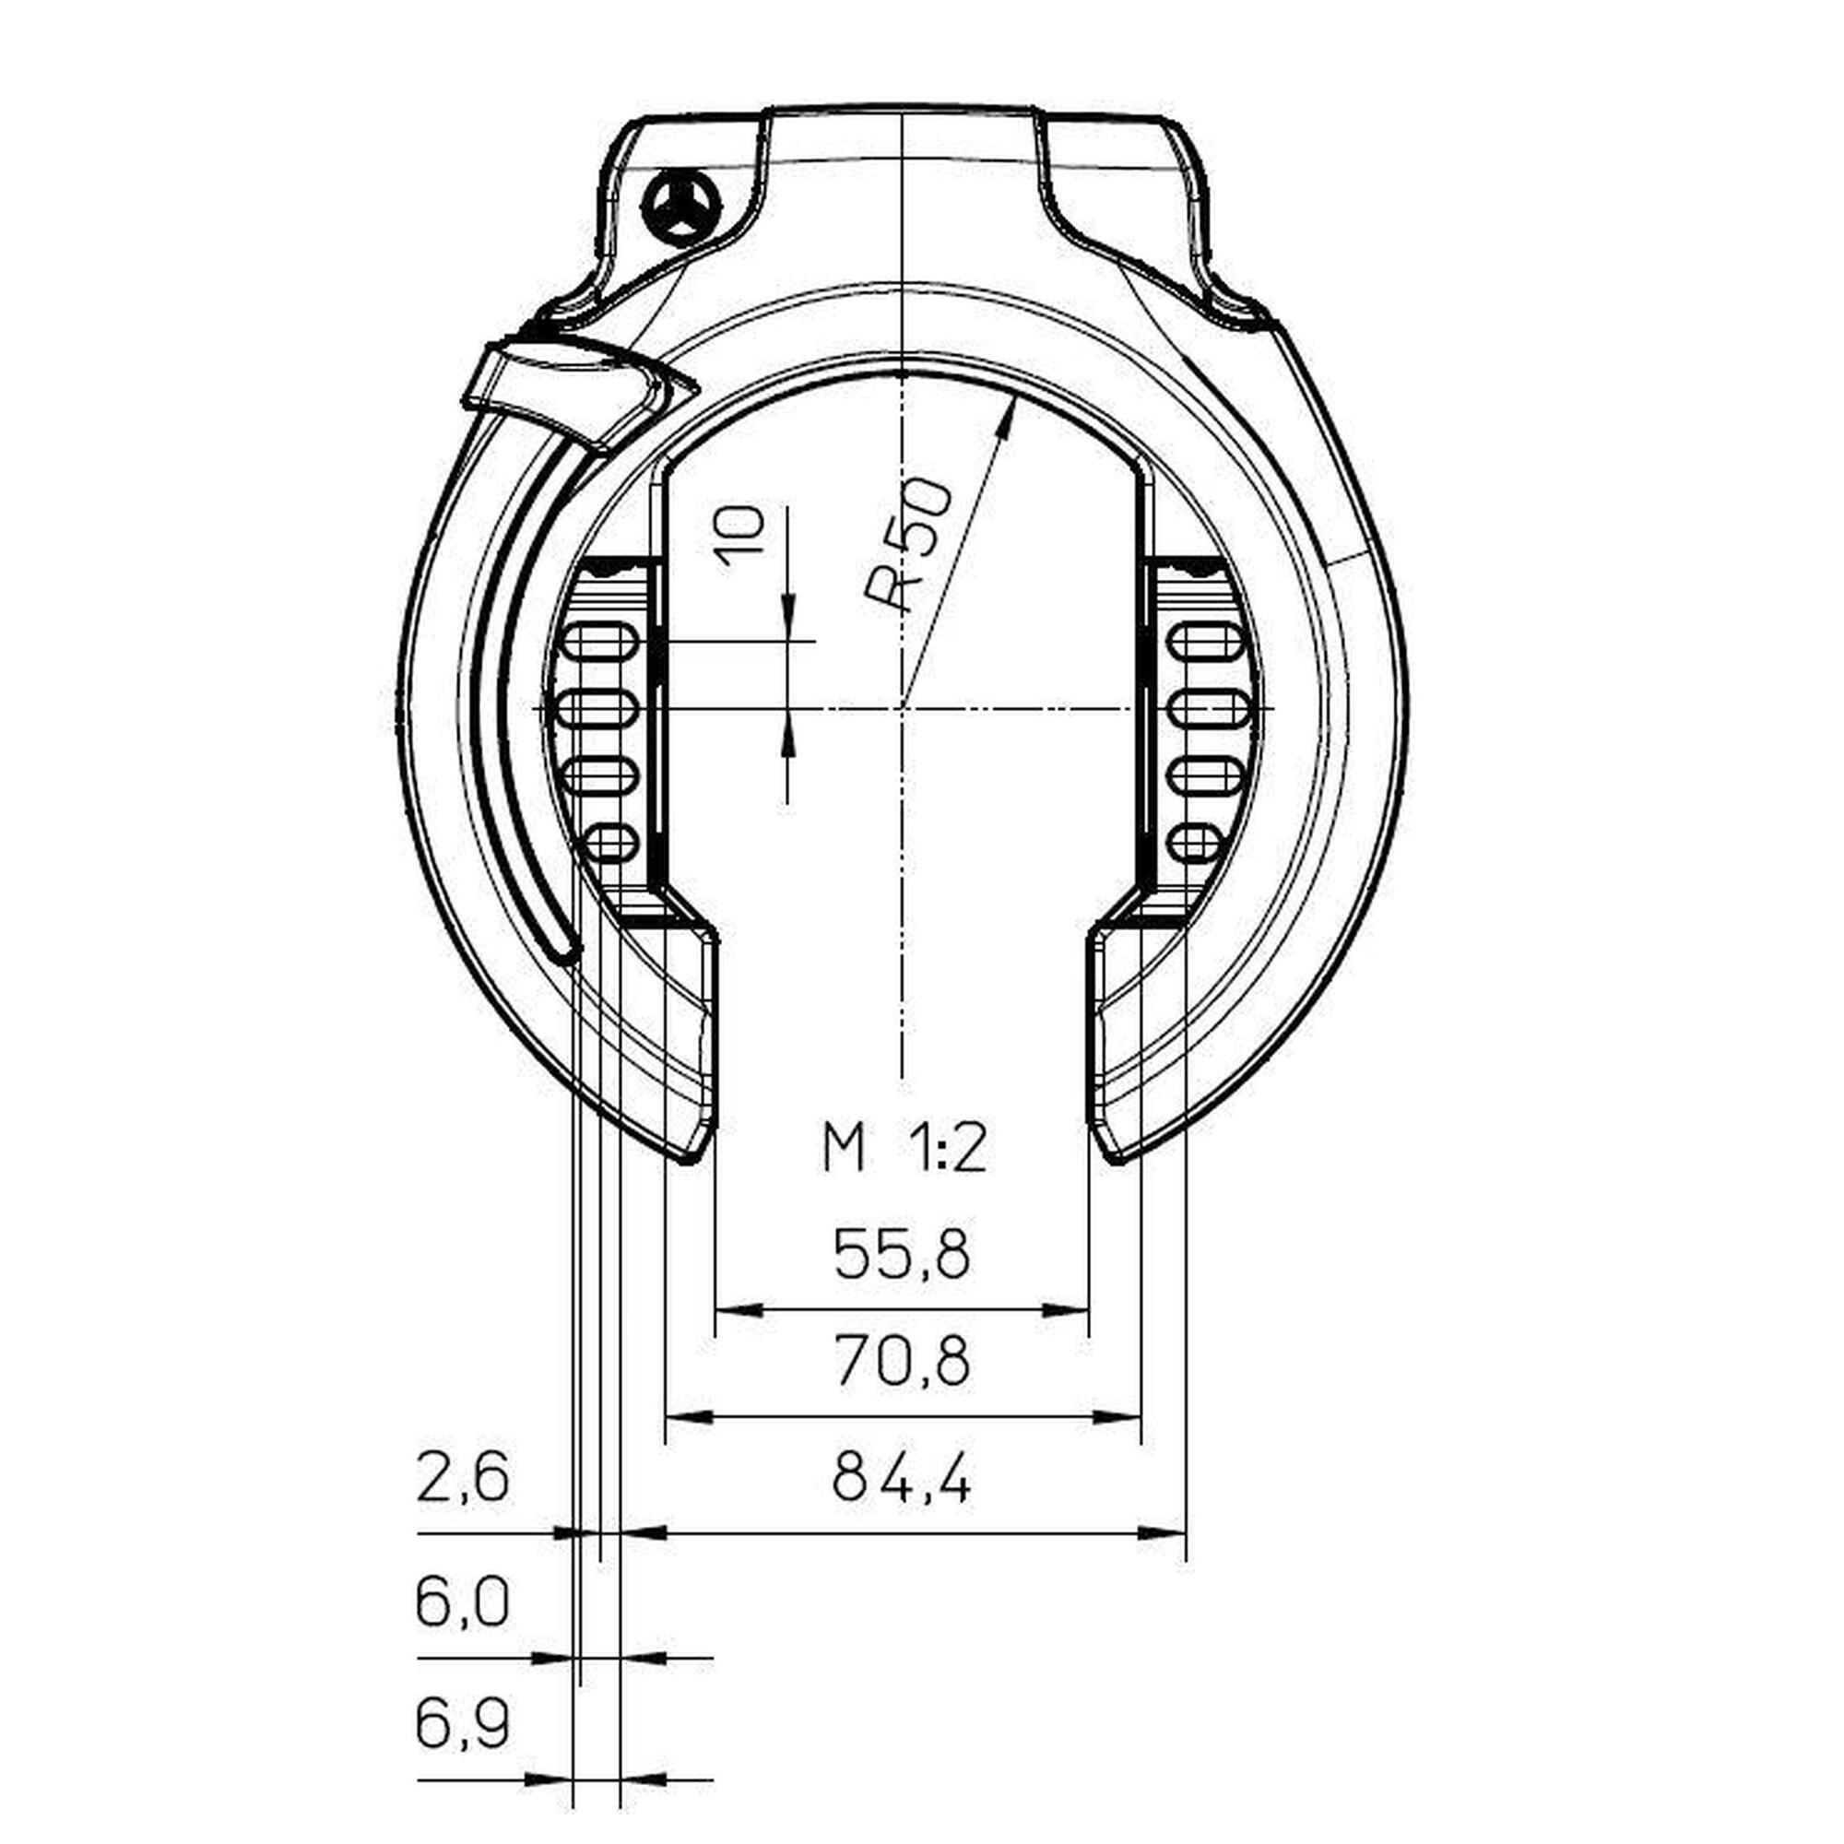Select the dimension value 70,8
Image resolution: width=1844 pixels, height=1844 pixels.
click(901, 1361)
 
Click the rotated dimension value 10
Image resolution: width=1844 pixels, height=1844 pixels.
click(741, 536)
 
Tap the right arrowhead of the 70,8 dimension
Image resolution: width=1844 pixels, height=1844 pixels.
click(1120, 1415)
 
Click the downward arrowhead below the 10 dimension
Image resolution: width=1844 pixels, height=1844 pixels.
click(788, 611)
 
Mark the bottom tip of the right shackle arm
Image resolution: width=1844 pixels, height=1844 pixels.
click(1113, 1158)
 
